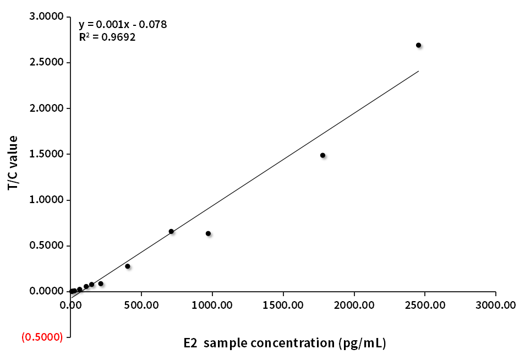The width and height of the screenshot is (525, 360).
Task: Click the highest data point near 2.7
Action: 418,45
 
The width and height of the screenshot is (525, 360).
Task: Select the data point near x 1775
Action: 322,155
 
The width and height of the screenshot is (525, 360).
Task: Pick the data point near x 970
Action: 208,233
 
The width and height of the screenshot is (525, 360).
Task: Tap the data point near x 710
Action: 171,231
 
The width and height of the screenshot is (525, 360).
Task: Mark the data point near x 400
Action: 128,266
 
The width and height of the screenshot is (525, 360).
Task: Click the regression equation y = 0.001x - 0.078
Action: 123,25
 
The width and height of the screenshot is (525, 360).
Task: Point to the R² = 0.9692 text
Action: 107,37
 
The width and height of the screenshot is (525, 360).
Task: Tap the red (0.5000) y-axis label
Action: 42,337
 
